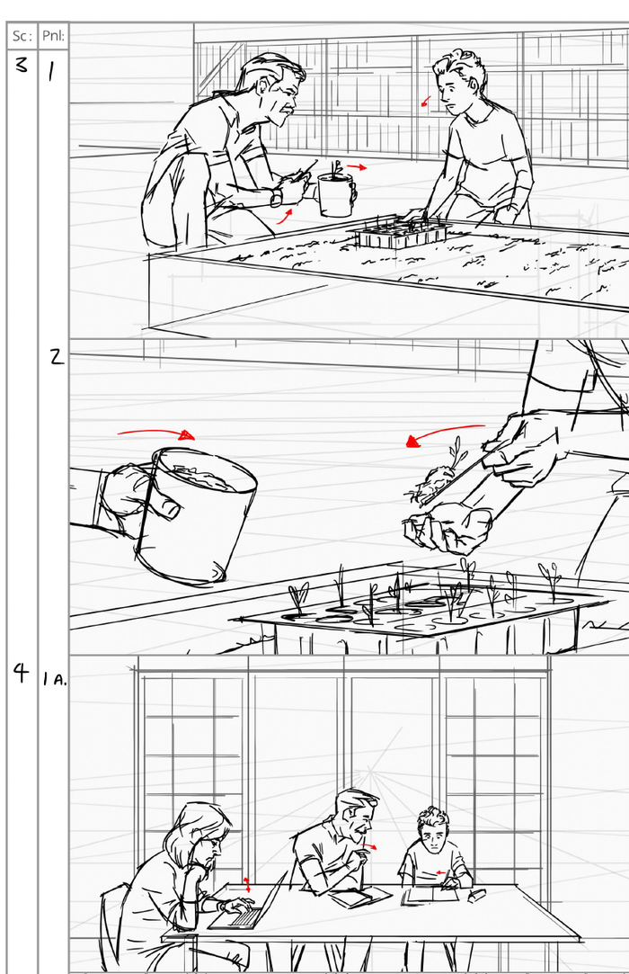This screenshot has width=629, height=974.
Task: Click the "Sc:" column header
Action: tap(22, 37)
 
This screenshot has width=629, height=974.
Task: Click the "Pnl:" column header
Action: tap(53, 37)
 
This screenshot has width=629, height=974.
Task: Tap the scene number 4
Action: tap(21, 674)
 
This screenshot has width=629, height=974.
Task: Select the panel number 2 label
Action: tap(56, 357)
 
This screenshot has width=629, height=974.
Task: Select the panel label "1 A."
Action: tap(54, 679)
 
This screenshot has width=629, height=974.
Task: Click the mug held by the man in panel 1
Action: tap(335, 194)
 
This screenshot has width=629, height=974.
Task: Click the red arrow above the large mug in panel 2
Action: tap(156, 433)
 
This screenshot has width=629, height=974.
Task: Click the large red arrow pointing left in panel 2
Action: tap(444, 433)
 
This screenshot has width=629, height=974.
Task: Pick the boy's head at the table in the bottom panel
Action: tap(434, 831)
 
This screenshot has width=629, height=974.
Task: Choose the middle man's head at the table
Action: tap(355, 816)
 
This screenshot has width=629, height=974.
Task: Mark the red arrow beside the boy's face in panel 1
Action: tap(426, 102)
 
